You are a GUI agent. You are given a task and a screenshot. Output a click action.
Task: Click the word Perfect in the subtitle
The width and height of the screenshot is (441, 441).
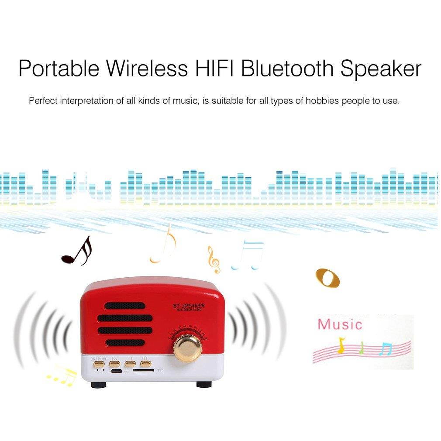43,101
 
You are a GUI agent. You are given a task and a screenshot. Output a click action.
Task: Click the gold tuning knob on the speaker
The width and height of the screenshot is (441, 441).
187,348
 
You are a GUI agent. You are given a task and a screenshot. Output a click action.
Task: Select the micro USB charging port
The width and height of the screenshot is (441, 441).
116,371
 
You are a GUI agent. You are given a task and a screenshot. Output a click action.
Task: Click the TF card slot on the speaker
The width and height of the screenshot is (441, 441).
143,370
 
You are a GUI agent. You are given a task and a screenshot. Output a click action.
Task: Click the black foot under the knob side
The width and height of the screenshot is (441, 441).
203,384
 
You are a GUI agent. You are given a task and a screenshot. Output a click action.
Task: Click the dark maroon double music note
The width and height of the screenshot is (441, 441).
77,252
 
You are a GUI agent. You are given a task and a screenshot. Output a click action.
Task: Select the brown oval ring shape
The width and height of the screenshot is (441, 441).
327,278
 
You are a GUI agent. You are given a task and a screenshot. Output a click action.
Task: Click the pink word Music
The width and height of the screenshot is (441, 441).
340,324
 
